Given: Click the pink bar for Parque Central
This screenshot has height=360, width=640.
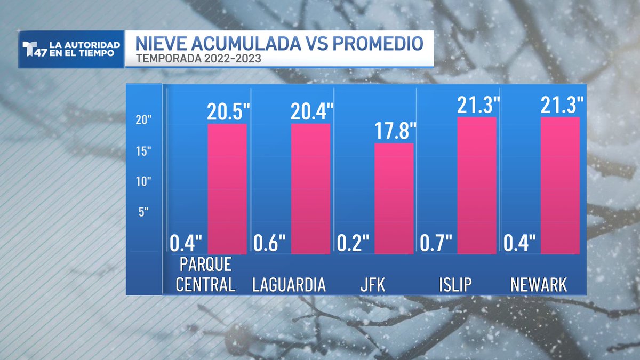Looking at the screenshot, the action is (x=227, y=189).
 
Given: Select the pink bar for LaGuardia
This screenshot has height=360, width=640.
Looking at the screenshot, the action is (x=310, y=189).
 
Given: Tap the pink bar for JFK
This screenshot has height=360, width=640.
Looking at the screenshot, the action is (x=394, y=198).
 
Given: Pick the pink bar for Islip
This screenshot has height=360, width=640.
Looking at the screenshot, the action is (x=477, y=186).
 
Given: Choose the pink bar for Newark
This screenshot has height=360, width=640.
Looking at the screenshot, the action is (x=561, y=186).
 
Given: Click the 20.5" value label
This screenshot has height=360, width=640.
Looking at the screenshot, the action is (x=228, y=111).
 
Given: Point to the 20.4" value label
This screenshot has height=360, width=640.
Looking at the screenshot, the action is (x=311, y=111).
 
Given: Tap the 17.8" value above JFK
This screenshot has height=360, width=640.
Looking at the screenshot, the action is (x=395, y=131).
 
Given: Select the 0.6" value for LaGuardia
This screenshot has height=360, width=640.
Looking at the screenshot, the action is (x=269, y=243).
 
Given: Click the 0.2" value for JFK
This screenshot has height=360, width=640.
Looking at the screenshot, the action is (x=353, y=243).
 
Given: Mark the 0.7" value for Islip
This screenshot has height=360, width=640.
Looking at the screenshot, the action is (x=436, y=243).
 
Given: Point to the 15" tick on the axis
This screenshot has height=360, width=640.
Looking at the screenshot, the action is (x=143, y=151).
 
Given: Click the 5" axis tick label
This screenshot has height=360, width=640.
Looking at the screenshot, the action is (x=143, y=212).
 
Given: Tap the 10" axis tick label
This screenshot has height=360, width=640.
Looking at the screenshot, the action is (x=143, y=181).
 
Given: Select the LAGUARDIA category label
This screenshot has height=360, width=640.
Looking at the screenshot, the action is (x=289, y=285).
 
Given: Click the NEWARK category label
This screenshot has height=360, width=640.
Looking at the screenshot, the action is (x=539, y=285).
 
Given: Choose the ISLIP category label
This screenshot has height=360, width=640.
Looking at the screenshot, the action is (x=455, y=285).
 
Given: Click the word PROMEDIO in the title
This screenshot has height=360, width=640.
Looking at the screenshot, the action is (x=378, y=43).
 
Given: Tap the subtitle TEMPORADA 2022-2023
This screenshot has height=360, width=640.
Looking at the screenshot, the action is (x=198, y=59).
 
